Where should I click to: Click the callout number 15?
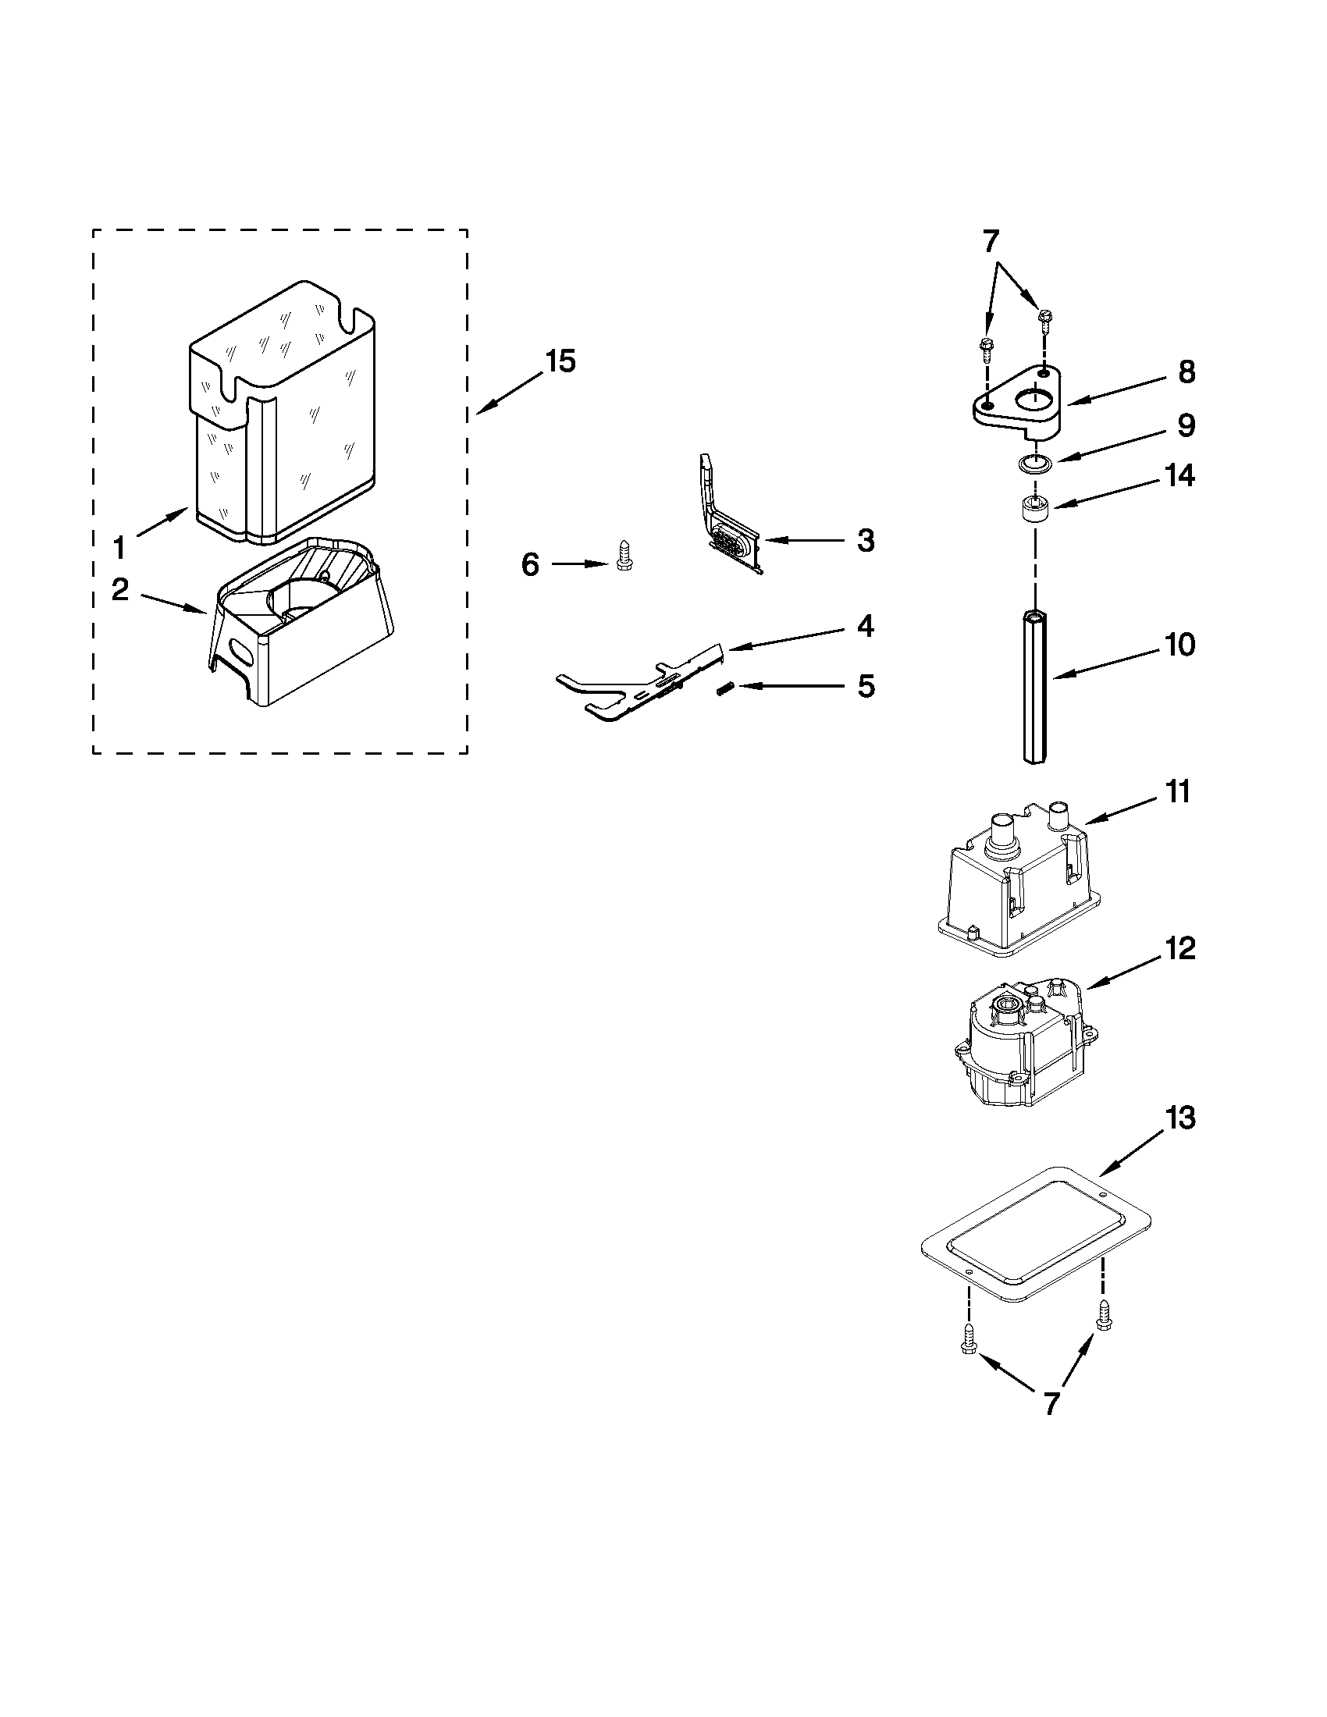tap(560, 362)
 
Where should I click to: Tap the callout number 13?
tap(1179, 1117)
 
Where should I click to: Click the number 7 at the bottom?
tap(1052, 1402)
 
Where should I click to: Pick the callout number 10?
tap(1179, 645)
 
